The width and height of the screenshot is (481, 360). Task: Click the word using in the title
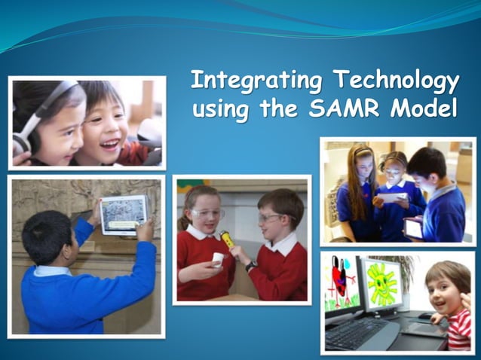point(219,109)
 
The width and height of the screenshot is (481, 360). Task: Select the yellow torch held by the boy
point(227,239)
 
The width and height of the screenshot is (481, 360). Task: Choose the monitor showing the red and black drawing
point(342,284)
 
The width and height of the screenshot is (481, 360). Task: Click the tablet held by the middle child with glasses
point(392,198)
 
